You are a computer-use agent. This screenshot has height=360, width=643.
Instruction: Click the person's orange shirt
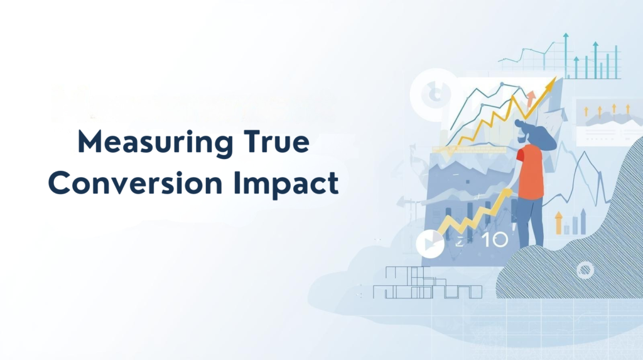tap(531, 172)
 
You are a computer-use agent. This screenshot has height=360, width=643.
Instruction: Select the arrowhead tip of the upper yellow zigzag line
tap(552, 82)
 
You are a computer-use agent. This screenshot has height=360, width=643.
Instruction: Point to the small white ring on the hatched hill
tap(585, 271)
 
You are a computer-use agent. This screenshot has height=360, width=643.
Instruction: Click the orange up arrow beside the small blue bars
tap(558, 222)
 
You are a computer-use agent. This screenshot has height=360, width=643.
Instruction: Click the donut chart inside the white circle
tap(432, 95)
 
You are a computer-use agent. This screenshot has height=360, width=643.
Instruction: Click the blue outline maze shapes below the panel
tap(427, 283)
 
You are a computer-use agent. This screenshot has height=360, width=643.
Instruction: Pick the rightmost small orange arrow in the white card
tap(626, 111)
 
